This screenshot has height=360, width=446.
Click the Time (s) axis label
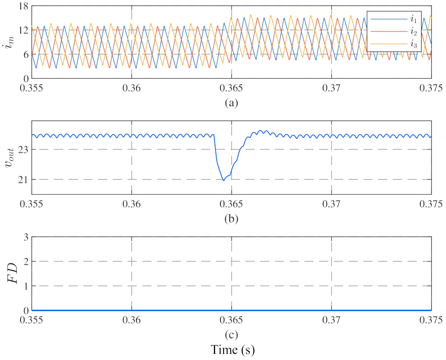tap(233, 350)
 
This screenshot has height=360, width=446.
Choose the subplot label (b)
tap(232, 218)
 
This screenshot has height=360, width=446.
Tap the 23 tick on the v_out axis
tap(23, 149)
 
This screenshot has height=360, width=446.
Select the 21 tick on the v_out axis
tap(23, 179)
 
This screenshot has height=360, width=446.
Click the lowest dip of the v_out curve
tap(224, 180)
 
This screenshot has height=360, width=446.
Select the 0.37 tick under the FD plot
tap(332, 320)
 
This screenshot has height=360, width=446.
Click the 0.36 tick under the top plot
tap(132, 88)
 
